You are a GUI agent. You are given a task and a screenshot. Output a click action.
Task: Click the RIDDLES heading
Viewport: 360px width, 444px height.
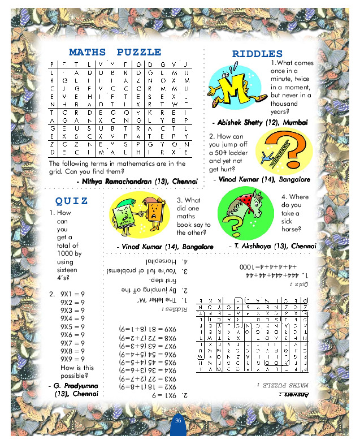pyautogui.click(x=257, y=54)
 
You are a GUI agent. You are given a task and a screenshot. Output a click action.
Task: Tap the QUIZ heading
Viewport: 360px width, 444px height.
pyautogui.click(x=71, y=201)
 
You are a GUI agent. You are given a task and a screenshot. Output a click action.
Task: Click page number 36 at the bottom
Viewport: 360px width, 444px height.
pyautogui.click(x=178, y=421)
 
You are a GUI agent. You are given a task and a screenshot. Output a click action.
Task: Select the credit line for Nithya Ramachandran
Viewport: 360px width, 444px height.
pyautogui.click(x=137, y=180)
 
